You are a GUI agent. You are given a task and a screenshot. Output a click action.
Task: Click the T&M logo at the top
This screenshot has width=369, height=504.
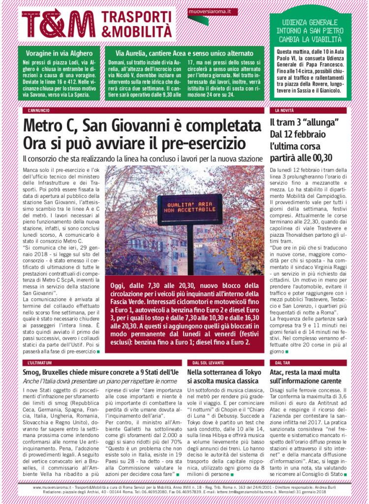[x=58, y=23]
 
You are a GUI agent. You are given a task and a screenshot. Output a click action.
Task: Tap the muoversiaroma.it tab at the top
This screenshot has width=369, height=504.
[x=206, y=11]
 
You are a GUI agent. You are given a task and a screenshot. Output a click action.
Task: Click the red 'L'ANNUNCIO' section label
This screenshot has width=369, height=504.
[x=38, y=111]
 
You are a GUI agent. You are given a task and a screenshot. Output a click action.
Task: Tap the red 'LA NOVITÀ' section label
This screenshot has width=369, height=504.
[x=284, y=111]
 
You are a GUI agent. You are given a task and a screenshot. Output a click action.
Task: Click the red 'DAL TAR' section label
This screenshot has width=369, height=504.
[x=279, y=363]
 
